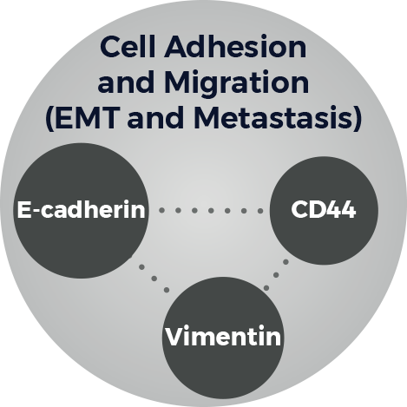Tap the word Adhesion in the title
tap(235, 47)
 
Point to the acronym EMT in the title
tap(89, 119)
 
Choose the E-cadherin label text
tap(82, 210)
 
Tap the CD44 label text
tap(324, 209)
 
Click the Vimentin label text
tap(223, 337)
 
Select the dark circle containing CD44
tap(324, 210)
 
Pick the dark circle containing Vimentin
tap(223, 337)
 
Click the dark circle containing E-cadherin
tap(82, 211)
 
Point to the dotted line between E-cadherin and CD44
tap(211, 211)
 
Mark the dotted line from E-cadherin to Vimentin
tap(154, 279)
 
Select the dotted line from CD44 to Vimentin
tap(276, 275)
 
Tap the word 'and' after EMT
tap(155, 119)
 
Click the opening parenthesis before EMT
tap(49, 120)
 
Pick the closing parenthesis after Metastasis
tap(358, 120)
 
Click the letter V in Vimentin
tap(174, 336)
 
